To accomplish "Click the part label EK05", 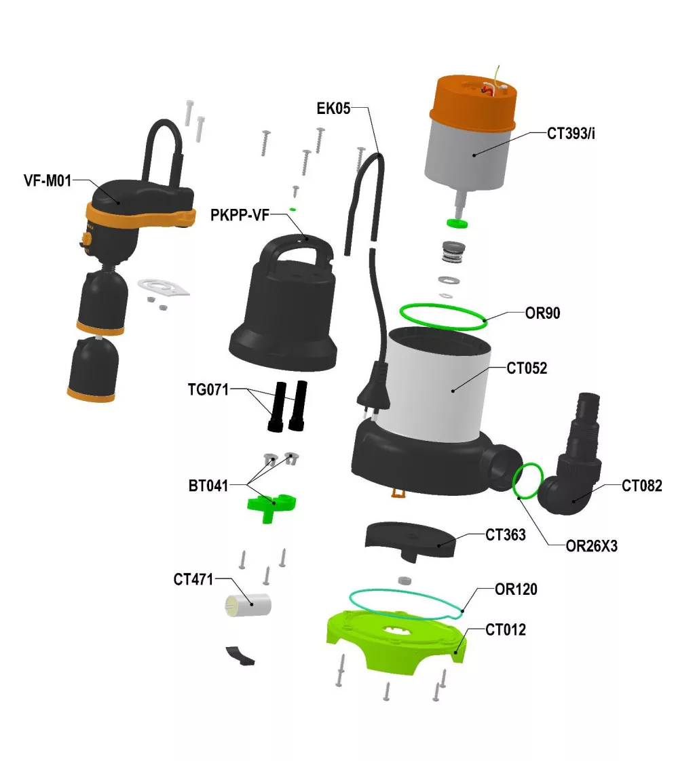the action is [333, 109].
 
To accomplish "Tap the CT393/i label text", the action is [571, 134].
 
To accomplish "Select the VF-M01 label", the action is [48, 181].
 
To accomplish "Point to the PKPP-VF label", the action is [240, 215].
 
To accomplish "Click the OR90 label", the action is [542, 313].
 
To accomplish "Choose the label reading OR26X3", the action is [592, 546].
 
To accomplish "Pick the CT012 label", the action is [506, 630].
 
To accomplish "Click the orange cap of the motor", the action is [472, 101].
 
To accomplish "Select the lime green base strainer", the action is [396, 641].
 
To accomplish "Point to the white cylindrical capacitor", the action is [248, 605].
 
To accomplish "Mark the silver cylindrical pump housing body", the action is [437, 383].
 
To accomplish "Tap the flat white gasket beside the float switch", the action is [163, 286].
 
